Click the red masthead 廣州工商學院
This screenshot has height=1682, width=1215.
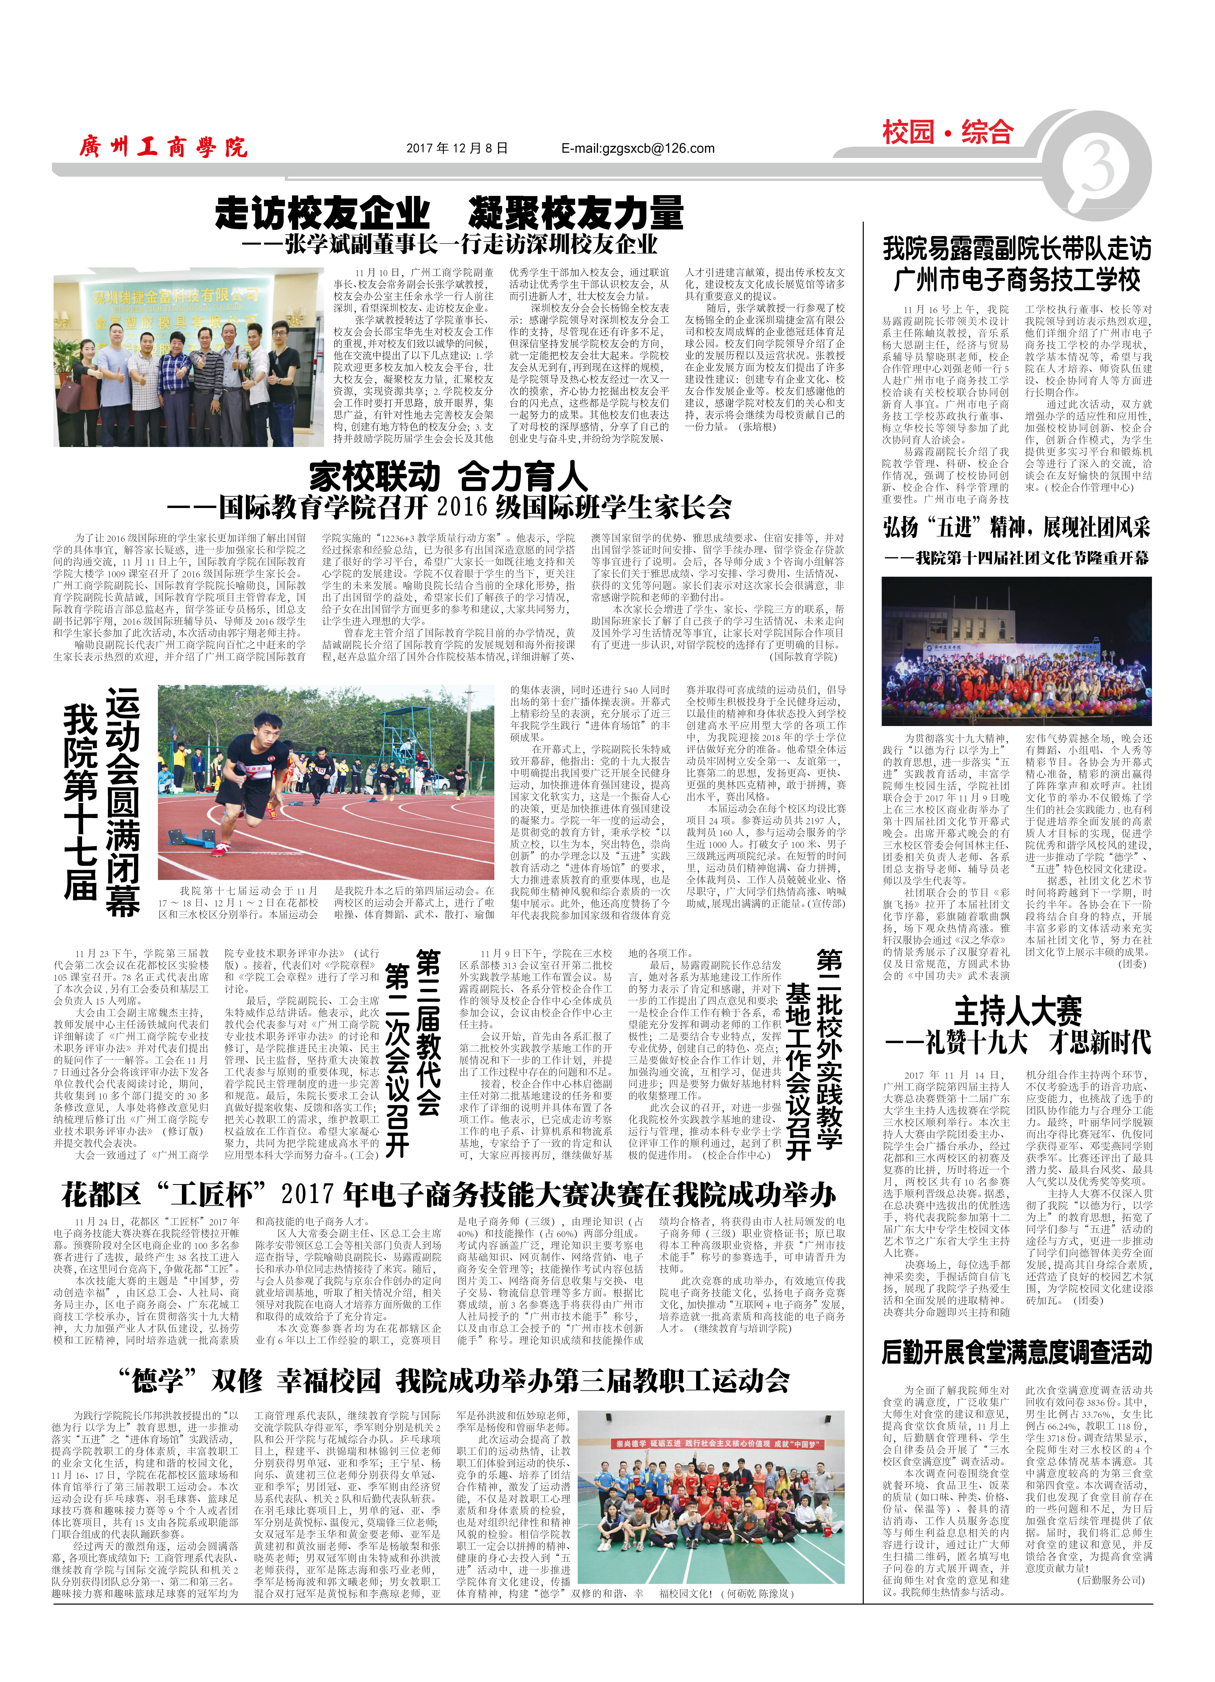click(x=163, y=147)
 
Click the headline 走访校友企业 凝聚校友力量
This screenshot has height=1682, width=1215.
click(x=449, y=213)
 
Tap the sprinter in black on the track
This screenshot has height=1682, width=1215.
click(x=248, y=779)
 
